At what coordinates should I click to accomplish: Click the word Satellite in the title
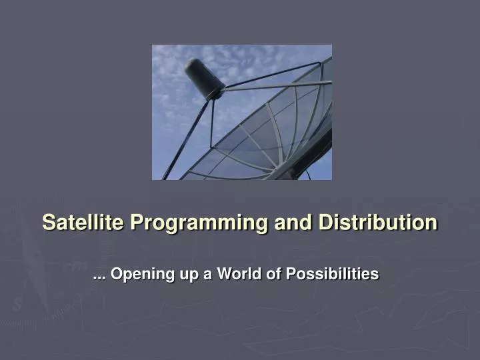click(x=83, y=222)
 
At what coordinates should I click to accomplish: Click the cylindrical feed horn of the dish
click(x=204, y=78)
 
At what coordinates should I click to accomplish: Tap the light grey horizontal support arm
click(x=280, y=85)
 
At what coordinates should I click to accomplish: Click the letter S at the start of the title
click(x=48, y=222)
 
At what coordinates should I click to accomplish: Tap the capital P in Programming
click(x=136, y=222)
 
